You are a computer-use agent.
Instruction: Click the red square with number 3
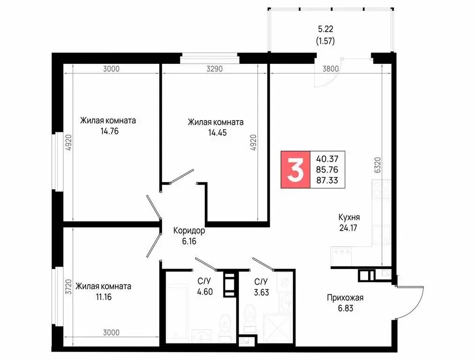[295, 169]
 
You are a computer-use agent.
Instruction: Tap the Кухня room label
[349, 217]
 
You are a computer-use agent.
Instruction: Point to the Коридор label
[189, 231]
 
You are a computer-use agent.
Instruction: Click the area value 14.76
[109, 131]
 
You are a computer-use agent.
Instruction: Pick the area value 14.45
[216, 133]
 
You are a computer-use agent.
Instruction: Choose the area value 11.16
[104, 297]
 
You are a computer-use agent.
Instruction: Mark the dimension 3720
[69, 286]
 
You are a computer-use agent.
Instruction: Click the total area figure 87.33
[327, 180]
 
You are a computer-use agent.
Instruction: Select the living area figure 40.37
[327, 158]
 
